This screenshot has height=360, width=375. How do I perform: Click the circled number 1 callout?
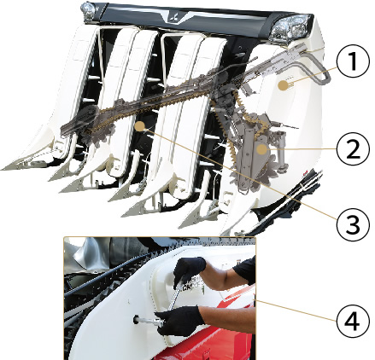coord(353,61)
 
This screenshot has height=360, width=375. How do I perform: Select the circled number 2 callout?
coord(353,148)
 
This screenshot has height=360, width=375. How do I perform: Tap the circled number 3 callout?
coord(353,223)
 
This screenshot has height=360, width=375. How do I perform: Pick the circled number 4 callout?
coord(353,320)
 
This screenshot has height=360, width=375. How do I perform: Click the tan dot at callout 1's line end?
coord(282,85)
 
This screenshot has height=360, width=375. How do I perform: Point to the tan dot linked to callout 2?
coord(261,149)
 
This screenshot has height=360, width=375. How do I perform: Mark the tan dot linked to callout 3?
coord(140,126)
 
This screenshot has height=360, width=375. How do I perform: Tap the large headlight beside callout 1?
coord(290,27)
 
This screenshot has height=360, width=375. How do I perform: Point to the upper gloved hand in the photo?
coord(189,270)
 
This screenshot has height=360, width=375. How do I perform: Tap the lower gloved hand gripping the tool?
coord(179,321)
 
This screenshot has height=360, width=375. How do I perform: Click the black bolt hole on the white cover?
coord(137,320)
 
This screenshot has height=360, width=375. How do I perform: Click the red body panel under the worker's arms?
coord(216,341)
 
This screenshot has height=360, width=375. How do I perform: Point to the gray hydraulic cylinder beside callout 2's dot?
coord(281,153)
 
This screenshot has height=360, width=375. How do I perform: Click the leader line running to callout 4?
coord(296,310)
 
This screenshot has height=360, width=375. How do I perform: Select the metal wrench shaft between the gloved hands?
coord(174,296)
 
